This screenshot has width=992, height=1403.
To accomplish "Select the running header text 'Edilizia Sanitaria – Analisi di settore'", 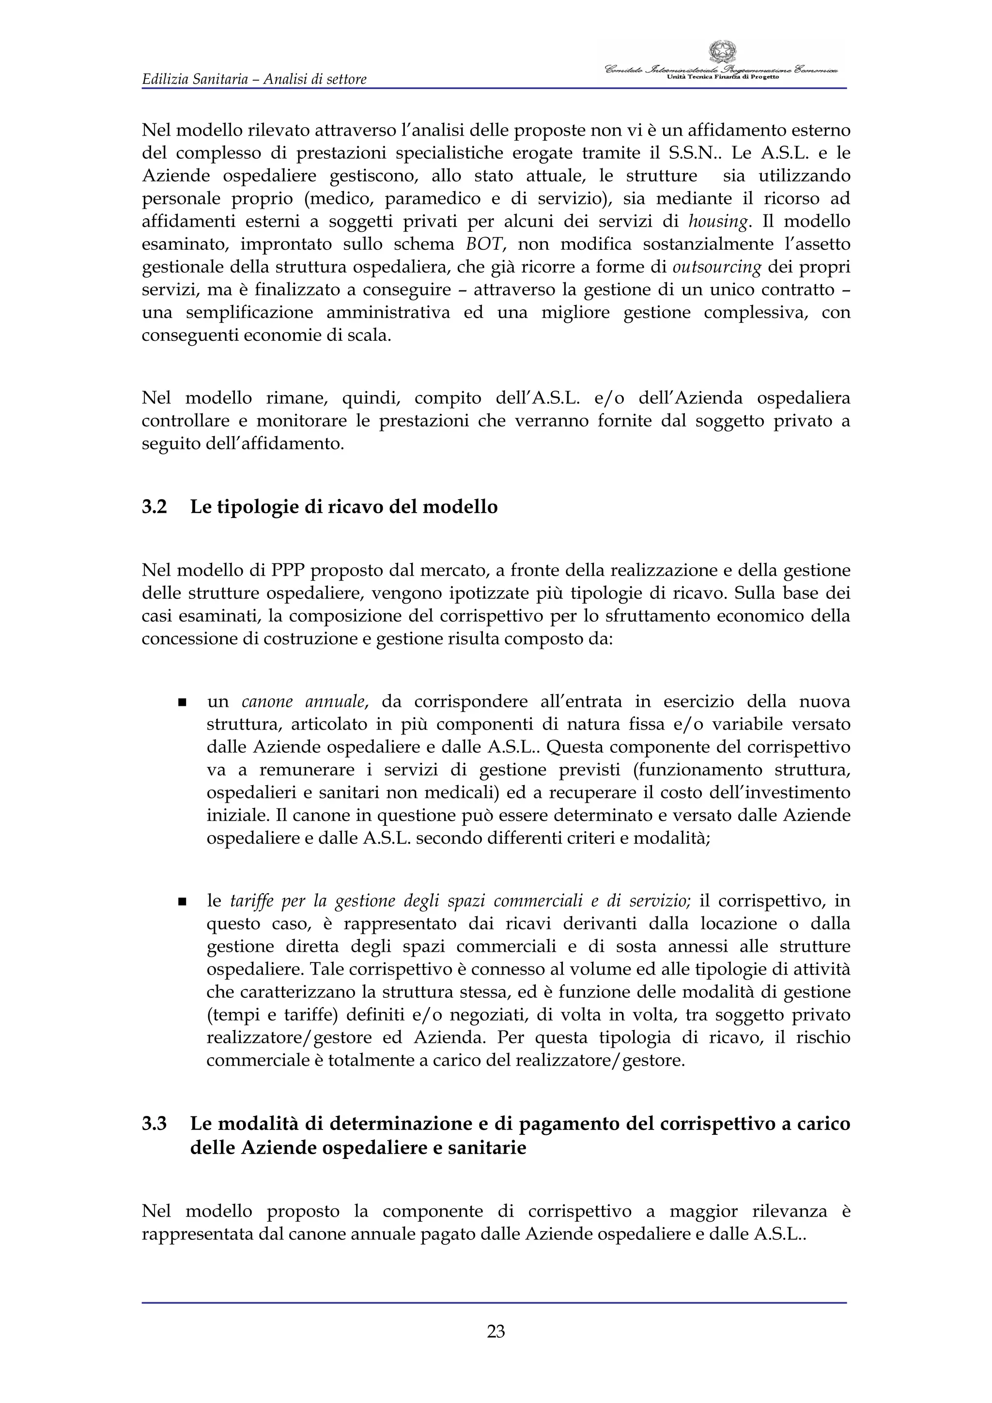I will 254,79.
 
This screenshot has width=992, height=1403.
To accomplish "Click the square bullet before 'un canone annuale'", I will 182,703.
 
